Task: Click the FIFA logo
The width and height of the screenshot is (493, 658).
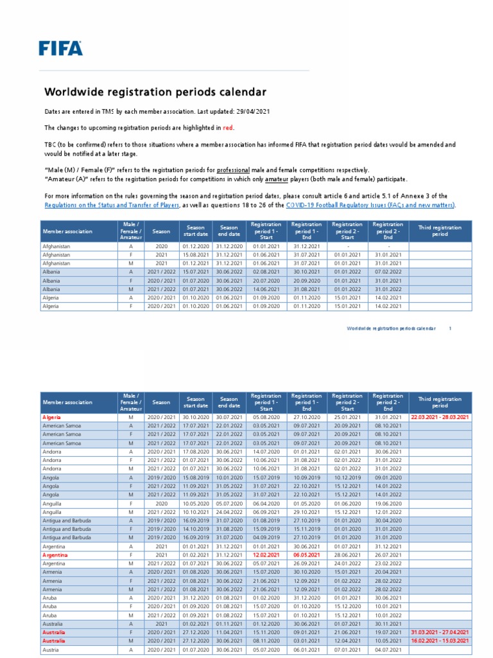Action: tap(60, 48)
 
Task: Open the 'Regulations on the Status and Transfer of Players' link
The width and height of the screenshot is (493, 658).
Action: tap(112, 205)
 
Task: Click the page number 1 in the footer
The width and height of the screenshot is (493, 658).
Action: tap(450, 328)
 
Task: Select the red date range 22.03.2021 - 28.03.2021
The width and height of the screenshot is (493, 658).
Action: tap(440, 417)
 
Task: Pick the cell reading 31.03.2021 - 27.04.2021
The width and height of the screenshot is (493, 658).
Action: tap(440, 632)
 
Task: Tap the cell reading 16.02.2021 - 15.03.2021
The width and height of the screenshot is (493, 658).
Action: tap(440, 641)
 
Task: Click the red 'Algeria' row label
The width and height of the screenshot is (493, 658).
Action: tap(53, 417)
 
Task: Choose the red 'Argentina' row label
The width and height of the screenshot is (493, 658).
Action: tap(56, 555)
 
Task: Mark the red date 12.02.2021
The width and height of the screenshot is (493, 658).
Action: tap(266, 555)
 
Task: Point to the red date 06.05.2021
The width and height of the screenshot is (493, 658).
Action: tap(306, 555)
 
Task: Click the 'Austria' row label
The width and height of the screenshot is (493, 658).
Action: tap(51, 650)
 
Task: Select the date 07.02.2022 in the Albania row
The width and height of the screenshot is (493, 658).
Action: tap(388, 272)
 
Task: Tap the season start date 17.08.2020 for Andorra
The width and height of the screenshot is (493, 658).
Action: tap(195, 451)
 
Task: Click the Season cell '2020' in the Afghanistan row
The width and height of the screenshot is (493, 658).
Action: tap(161, 246)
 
